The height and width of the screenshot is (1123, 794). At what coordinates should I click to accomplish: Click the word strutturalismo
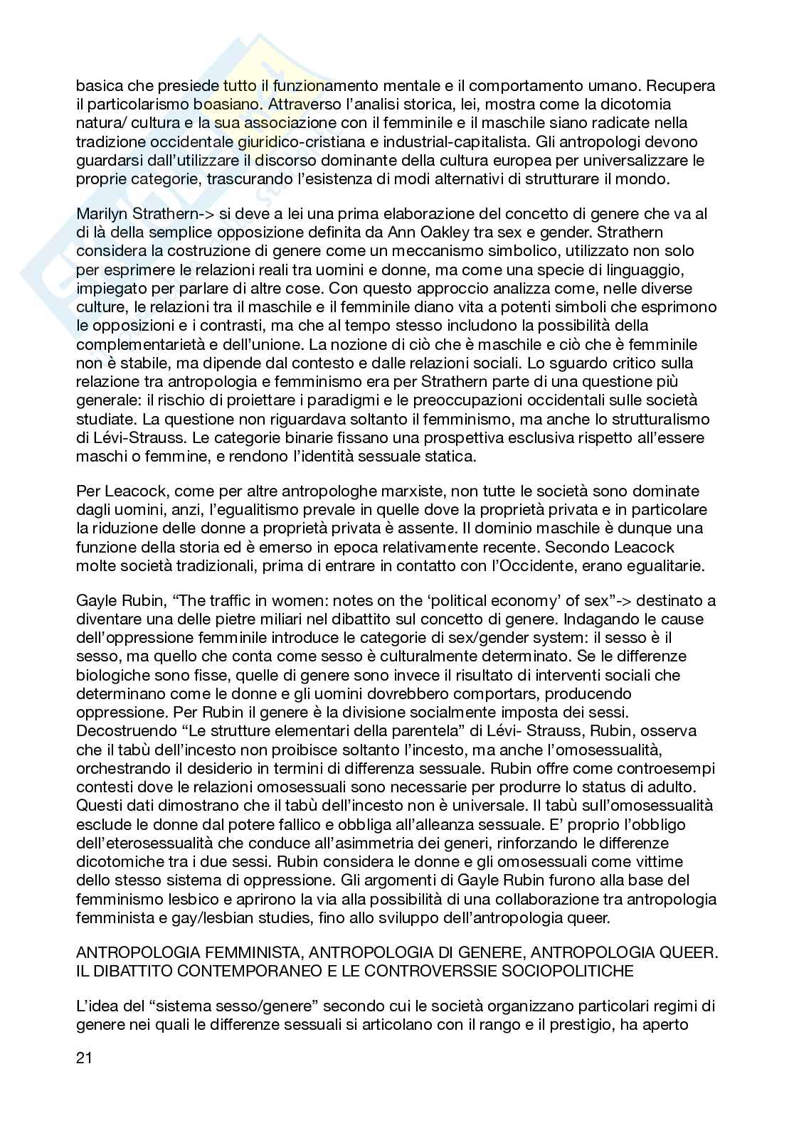tap(653, 419)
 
